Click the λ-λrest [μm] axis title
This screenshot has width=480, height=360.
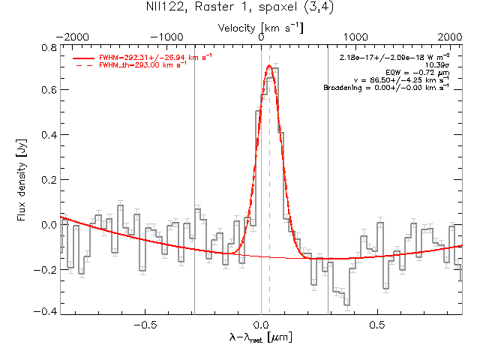point(261,339)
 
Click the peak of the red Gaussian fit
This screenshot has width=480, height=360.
point(269,65)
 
